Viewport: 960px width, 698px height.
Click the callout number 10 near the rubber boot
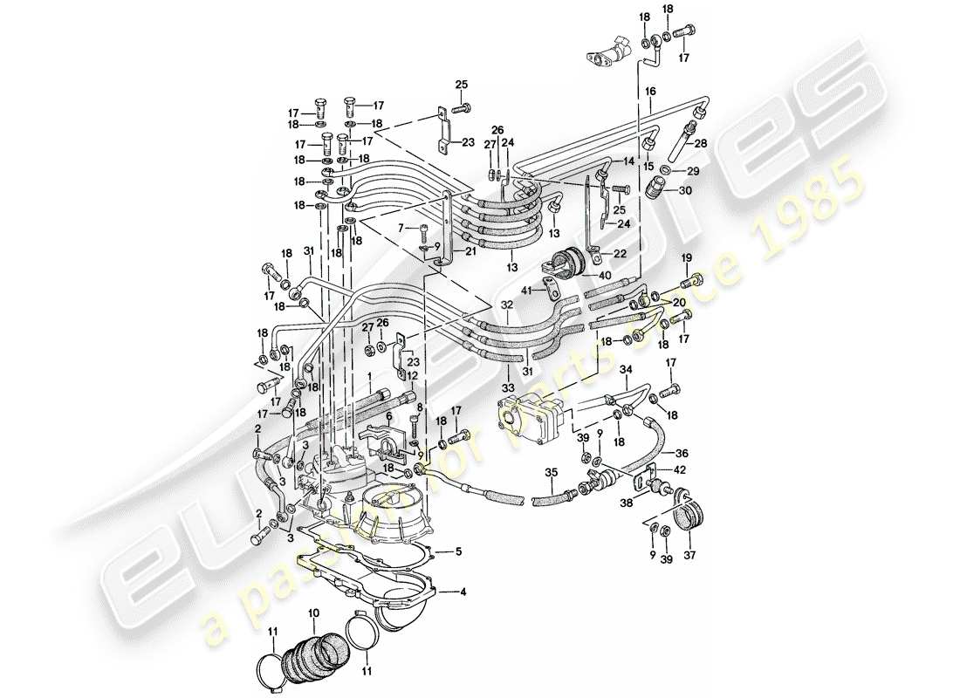pyautogui.click(x=313, y=614)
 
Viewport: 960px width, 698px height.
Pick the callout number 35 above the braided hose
pyautogui.click(x=550, y=475)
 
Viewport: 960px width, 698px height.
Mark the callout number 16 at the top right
pyautogui.click(x=650, y=91)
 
